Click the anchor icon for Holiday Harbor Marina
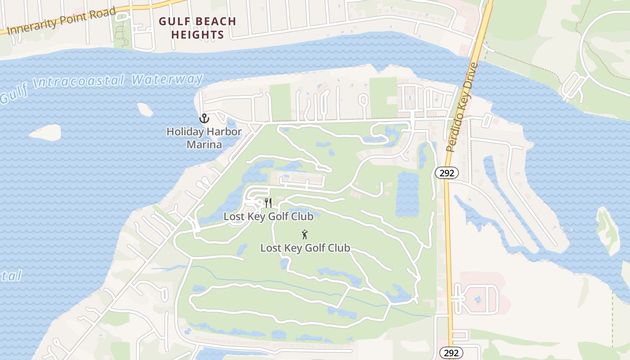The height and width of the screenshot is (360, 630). [x=205, y=118]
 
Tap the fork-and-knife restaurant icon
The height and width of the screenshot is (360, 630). [x=268, y=202]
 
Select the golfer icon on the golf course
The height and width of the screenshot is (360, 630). [x=305, y=234]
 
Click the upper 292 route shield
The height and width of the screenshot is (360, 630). [x=446, y=173]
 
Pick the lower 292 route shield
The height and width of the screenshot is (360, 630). [x=450, y=353]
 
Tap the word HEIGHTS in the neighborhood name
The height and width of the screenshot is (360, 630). [x=198, y=35]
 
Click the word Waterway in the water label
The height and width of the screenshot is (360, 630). [x=167, y=80]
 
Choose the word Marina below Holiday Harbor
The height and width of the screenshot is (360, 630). [x=204, y=144]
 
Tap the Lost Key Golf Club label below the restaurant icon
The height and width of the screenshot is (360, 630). [x=268, y=216]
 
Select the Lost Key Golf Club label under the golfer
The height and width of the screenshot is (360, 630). [x=305, y=248]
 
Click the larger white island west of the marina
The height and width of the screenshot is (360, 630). [x=45, y=132]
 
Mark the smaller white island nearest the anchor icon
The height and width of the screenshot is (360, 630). [x=145, y=108]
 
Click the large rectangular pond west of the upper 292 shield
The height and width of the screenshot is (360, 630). [x=407, y=193]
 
